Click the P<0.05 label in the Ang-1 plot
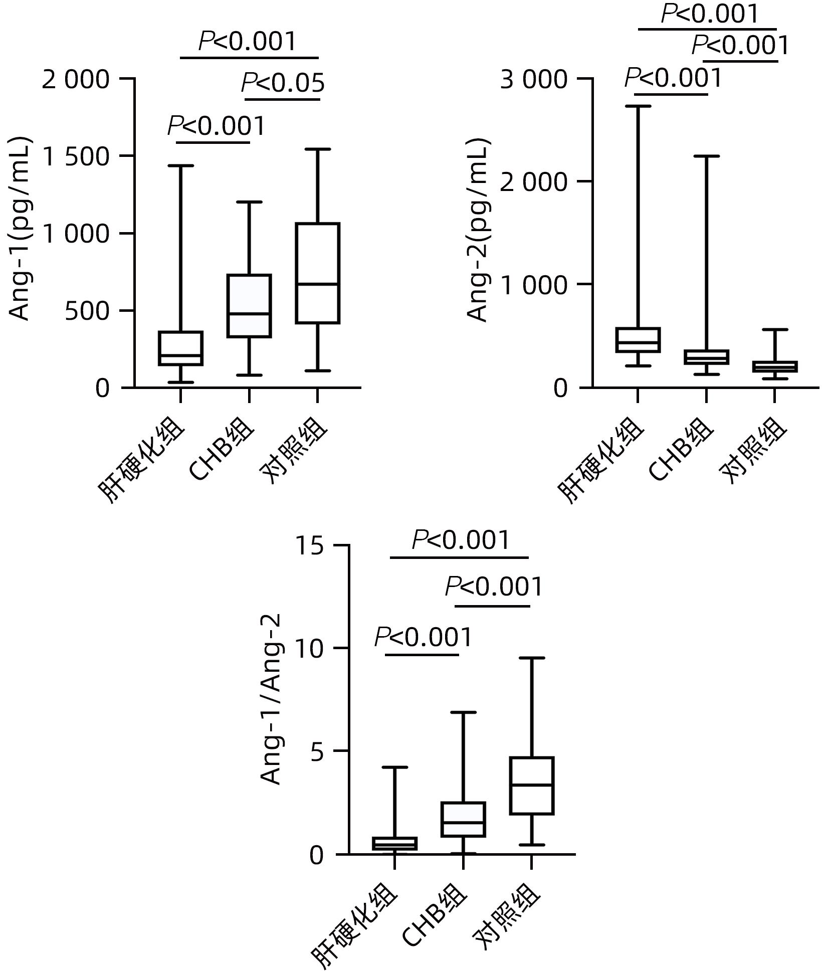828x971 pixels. (283, 83)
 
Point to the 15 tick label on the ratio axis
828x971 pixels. (309, 546)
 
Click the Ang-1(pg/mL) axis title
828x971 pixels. (20, 229)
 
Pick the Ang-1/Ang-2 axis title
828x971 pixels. (271, 700)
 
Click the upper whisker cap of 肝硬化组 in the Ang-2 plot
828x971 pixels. (638, 106)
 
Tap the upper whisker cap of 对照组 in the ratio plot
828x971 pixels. (531, 658)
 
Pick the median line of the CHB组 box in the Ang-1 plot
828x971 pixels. (249, 314)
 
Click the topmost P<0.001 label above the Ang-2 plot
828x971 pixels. (710, 14)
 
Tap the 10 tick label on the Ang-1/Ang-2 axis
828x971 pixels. (309, 649)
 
